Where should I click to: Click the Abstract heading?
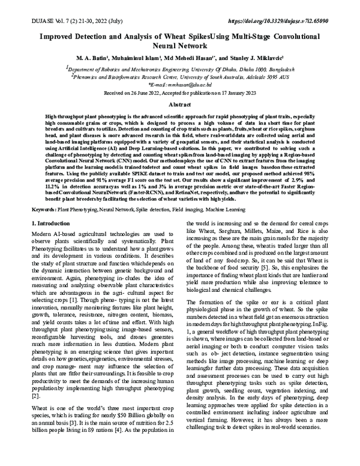pos(179,103)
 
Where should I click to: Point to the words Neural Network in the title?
pos(179,44)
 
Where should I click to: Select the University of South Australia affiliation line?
pos(180,77)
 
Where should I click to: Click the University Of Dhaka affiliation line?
pos(180,69)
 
